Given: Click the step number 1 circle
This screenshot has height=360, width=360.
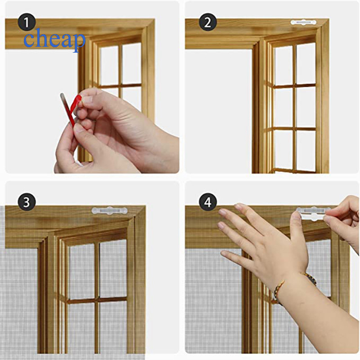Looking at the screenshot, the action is (x=27, y=22).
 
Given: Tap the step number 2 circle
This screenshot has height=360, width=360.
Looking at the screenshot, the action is (x=208, y=22).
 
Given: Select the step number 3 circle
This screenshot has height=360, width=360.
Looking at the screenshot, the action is (x=27, y=202).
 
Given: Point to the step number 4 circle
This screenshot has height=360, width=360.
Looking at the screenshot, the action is (x=208, y=202).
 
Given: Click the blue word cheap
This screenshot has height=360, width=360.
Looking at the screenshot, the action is (x=54, y=40).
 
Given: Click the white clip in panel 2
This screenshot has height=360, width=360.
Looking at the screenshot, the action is (x=303, y=22).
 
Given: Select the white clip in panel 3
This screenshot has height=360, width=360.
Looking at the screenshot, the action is (x=109, y=210).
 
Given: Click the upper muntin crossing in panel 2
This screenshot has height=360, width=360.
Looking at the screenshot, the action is (x=294, y=85).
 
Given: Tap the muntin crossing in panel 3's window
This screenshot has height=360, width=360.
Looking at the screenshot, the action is (x=97, y=300).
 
